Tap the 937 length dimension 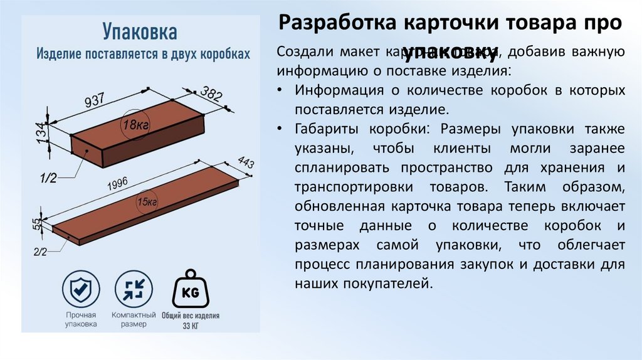97,102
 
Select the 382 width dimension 211,95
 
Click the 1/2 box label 48,178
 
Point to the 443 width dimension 245,165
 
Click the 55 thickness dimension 36,223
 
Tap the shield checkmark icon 81,289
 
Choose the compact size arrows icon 133,289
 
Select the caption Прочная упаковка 81,319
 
